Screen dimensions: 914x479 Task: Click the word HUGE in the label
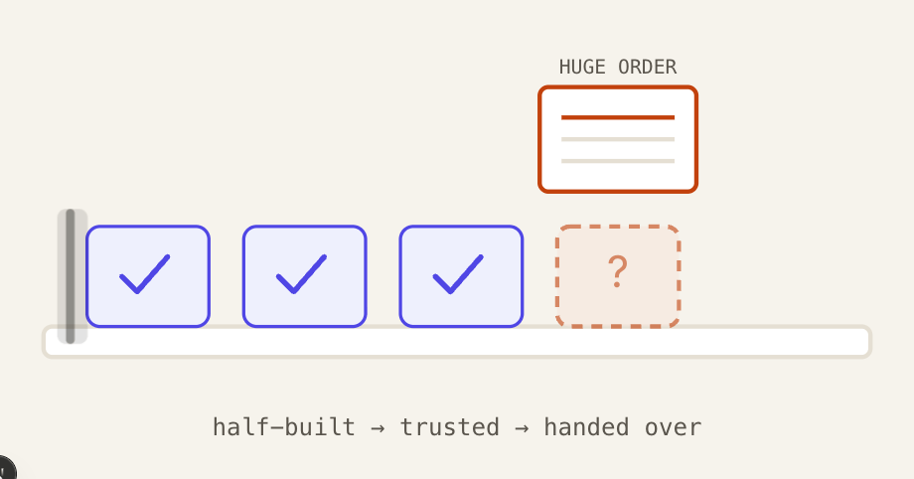coord(582,68)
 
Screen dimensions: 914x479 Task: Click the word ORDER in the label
coord(647,68)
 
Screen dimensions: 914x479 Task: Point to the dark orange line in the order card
coord(618,118)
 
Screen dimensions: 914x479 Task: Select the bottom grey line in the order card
coord(618,161)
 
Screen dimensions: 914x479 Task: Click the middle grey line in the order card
coord(618,139)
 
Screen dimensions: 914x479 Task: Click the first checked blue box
coord(148,276)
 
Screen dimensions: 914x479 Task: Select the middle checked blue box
coord(305,276)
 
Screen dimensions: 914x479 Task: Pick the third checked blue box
coord(461,276)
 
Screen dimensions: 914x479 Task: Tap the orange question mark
coord(617,271)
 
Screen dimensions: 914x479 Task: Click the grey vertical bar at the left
coord(71,276)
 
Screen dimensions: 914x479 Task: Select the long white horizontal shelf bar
coord(457,341)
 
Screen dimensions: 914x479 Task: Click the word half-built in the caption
coord(284,427)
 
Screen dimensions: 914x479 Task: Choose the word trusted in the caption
coord(449,427)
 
